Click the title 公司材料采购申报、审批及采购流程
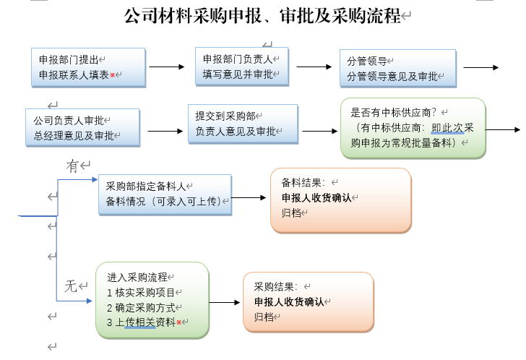point(263,16)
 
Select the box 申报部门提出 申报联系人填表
point(88,67)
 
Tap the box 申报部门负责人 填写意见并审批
point(242,67)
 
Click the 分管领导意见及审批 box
point(398,69)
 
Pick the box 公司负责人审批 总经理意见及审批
point(82,127)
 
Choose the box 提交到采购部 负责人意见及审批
point(243,124)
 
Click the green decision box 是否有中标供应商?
point(413,128)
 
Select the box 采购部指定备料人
point(165,194)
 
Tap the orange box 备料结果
point(341,200)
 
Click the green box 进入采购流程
point(152,300)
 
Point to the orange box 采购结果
point(309,302)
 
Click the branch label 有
point(72,166)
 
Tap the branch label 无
point(71,286)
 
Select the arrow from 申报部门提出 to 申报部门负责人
point(167,67)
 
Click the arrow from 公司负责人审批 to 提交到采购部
point(165,131)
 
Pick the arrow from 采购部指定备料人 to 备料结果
point(249,197)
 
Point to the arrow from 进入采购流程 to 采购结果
point(225,302)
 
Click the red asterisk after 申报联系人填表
point(113,74)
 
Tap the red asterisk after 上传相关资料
point(178,322)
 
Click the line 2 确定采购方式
point(141,307)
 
